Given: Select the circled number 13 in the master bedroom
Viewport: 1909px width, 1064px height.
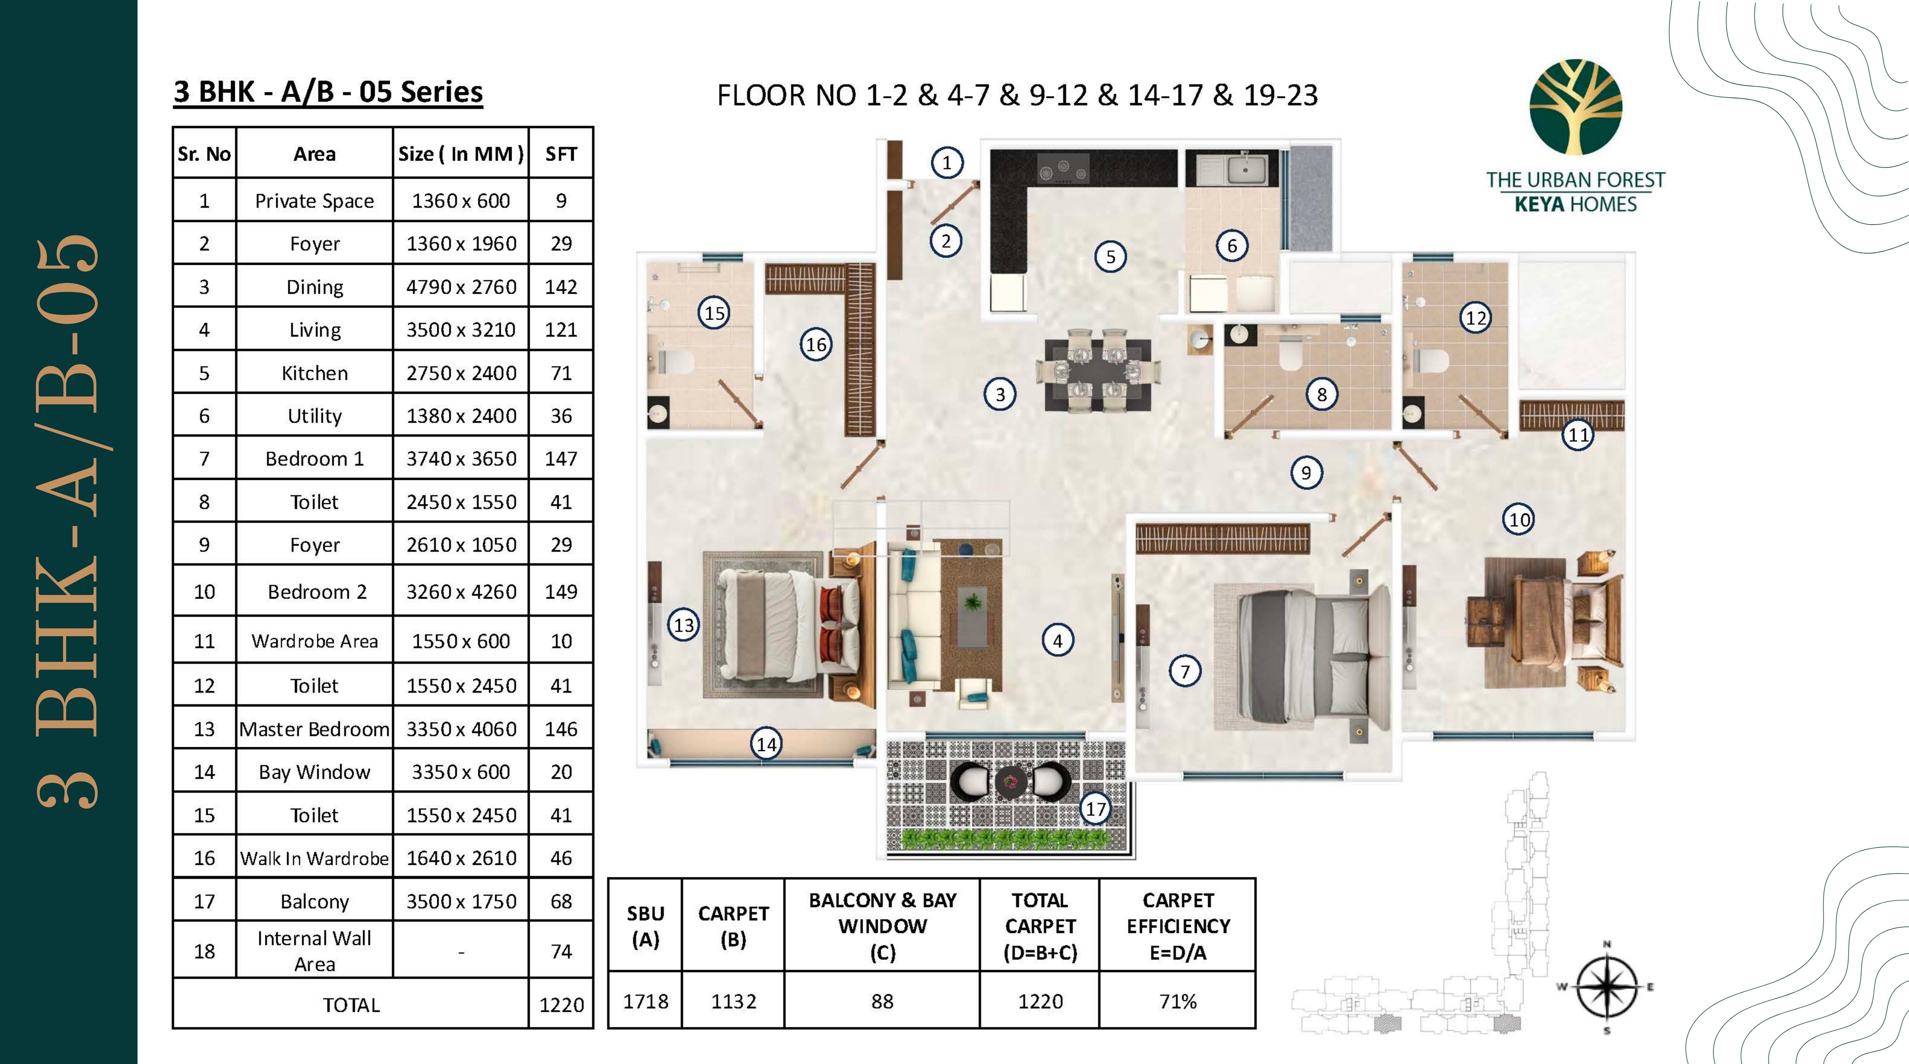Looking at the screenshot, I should click(683, 625).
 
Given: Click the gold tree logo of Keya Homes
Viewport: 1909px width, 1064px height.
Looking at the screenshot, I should click(1576, 108).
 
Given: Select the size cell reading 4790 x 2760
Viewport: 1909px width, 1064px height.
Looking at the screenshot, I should click(461, 287).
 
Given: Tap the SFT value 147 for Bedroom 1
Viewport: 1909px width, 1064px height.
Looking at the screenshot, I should click(561, 459).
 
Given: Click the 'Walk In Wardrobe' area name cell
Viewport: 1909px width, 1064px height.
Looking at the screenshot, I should click(314, 858).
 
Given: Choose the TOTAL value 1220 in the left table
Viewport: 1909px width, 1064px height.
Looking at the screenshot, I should click(561, 1005).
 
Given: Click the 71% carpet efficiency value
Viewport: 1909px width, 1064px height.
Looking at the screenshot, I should click(1177, 1001).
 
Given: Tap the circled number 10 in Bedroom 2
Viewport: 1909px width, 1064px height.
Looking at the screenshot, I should click(1519, 519).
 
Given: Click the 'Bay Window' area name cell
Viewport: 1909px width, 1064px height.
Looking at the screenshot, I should click(314, 772).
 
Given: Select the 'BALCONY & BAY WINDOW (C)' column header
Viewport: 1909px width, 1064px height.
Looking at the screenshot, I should click(882, 925).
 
